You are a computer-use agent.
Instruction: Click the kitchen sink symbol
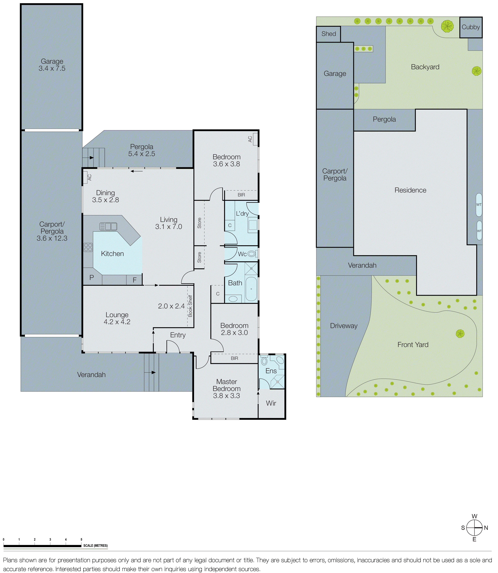[108, 226]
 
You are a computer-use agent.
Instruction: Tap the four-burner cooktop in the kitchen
[88, 247]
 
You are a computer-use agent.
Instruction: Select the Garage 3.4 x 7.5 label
[52, 65]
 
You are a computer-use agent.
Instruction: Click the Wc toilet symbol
[252, 254]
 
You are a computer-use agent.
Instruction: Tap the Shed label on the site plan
[328, 34]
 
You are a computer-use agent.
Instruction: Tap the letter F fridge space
[134, 280]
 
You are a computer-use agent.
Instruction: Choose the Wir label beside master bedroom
[271, 403]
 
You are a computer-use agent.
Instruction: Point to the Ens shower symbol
[277, 382]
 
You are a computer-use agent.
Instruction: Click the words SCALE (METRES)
[95, 546]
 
